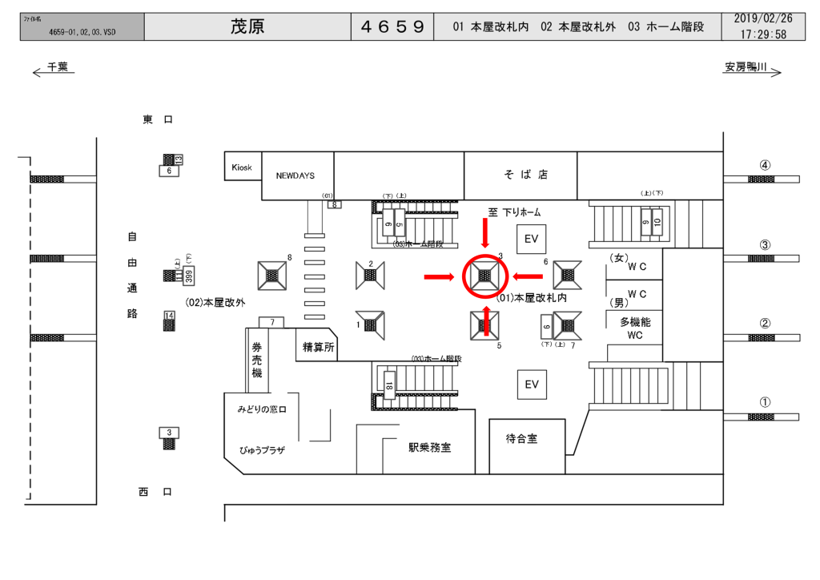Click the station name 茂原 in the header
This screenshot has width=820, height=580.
tap(247, 27)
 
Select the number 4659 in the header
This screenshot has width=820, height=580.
tap(392, 27)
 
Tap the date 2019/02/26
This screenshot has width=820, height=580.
tap(763, 18)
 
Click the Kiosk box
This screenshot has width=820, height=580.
tap(242, 167)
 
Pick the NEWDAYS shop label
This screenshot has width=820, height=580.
tap(296, 175)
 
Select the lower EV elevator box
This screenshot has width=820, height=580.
tap(531, 385)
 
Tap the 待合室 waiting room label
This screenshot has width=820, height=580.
tap(521, 439)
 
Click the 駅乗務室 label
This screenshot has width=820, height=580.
tap(429, 448)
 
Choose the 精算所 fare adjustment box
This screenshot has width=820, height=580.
tap(318, 347)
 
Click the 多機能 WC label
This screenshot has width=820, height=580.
tap(635, 328)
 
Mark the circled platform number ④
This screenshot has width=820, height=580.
tap(765, 165)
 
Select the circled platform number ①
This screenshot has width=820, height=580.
tap(765, 403)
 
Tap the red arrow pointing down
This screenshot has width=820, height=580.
tap(484, 234)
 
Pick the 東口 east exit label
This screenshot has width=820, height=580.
tap(158, 119)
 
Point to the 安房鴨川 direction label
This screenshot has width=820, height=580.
tap(746, 69)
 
